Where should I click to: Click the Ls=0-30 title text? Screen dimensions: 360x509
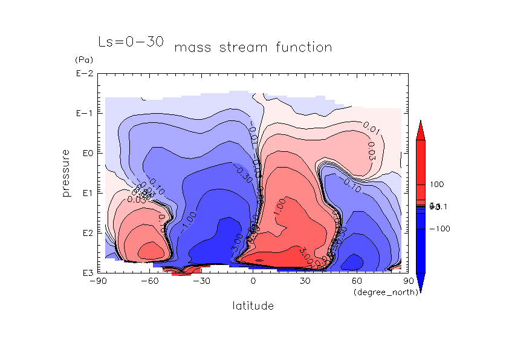click(131, 42)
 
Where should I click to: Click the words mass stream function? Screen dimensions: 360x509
click(253, 47)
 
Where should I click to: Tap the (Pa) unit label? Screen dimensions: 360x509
click(82, 61)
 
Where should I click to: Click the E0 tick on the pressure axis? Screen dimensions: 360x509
click(85, 153)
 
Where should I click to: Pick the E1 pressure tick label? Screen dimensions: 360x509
click(85, 193)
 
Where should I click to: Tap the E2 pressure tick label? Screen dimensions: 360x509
click(85, 233)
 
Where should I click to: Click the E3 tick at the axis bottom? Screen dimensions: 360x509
click(85, 273)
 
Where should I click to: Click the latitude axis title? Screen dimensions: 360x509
click(253, 306)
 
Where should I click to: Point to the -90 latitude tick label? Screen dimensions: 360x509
click(97, 281)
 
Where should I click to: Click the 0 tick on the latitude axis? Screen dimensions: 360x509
click(253, 281)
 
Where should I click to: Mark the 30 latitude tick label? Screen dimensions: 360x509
click(305, 281)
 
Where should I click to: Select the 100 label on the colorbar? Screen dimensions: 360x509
click(436, 184)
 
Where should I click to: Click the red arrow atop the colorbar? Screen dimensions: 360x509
click(420, 130)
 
